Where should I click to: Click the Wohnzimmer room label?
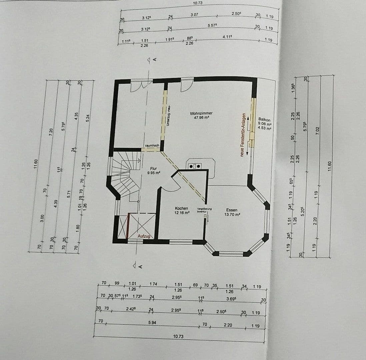(201, 113)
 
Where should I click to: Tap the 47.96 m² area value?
(201, 118)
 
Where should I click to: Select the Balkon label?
(264, 119)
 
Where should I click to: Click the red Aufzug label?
(144, 236)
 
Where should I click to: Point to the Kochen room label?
(182, 208)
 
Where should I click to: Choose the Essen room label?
(232, 210)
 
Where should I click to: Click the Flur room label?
(154, 169)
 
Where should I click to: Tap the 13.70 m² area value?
(232, 215)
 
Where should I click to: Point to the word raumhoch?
(152, 146)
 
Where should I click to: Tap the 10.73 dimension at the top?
(198, 3)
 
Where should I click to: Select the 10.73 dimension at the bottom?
(178, 336)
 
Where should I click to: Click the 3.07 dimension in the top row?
(194, 15)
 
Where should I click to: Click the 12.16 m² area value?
(182, 213)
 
